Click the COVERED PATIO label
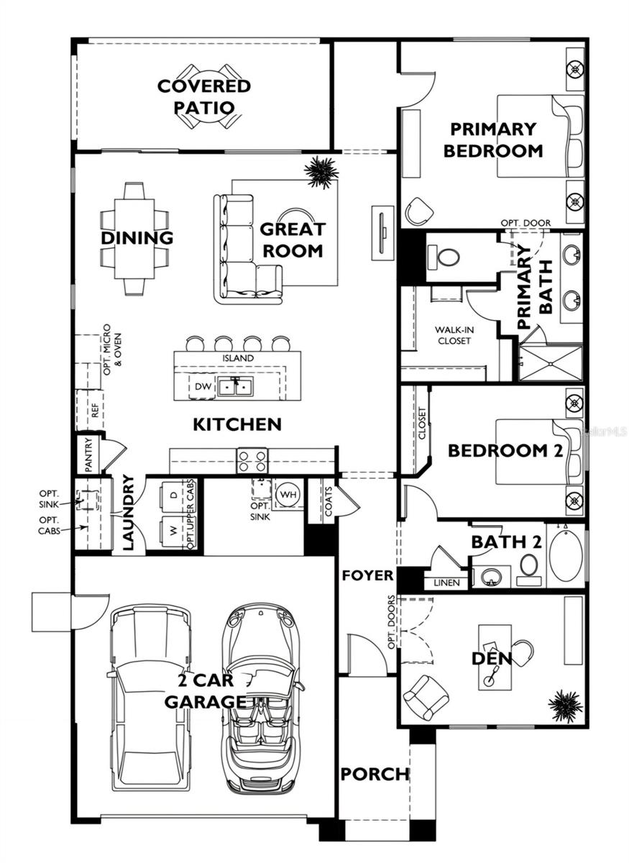pos(204,97)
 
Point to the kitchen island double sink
pos(235,387)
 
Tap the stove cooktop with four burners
pos(252,461)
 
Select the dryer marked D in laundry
pos(173,496)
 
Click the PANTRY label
pos(88,455)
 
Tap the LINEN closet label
pos(446,583)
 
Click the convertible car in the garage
pos(260,698)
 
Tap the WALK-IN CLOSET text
pos(453,335)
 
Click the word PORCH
pos(375,775)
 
